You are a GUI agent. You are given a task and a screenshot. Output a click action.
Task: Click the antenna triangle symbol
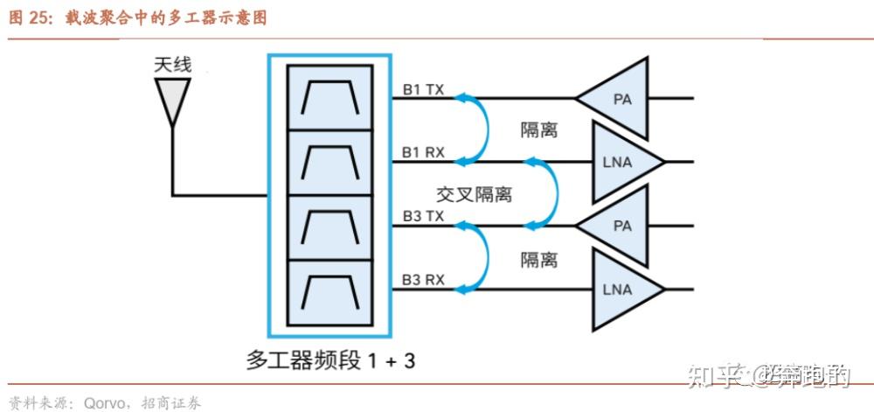pyautogui.click(x=172, y=99)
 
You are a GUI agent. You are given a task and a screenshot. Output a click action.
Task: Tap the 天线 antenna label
pyautogui.click(x=172, y=65)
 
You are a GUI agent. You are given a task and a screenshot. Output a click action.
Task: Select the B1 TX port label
pyautogui.click(x=423, y=89)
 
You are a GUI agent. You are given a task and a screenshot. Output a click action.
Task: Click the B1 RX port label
pyautogui.click(x=423, y=153)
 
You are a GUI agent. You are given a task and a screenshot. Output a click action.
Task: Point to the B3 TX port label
pyautogui.click(x=423, y=216)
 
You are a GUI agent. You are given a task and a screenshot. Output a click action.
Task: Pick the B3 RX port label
pyautogui.click(x=423, y=280)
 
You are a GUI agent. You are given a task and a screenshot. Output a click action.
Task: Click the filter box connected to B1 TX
pyautogui.click(x=330, y=98)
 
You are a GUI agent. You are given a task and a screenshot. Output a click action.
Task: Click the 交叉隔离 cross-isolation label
pyautogui.click(x=474, y=194)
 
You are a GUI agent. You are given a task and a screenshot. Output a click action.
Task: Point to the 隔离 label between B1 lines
pyautogui.click(x=539, y=130)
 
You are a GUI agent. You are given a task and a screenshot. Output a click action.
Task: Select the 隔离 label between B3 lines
pyautogui.click(x=539, y=260)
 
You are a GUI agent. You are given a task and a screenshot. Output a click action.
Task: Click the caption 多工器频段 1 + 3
pyautogui.click(x=330, y=360)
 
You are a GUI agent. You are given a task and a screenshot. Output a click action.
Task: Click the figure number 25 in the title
pyautogui.click(x=40, y=17)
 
